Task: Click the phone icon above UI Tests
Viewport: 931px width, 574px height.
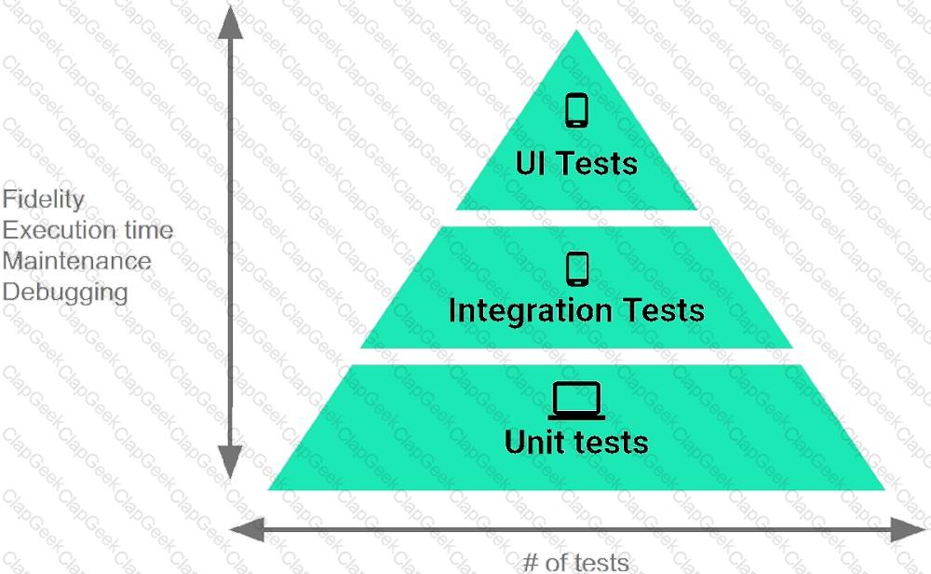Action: pyautogui.click(x=576, y=110)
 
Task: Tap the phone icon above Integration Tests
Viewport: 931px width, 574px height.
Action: pyautogui.click(x=577, y=269)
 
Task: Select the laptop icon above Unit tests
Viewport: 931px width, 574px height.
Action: pyautogui.click(x=576, y=401)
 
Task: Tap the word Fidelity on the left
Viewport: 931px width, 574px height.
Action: pyautogui.click(x=44, y=199)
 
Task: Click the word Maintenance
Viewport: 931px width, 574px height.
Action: pyautogui.click(x=76, y=261)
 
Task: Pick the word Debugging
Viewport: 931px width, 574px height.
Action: pyautogui.click(x=65, y=293)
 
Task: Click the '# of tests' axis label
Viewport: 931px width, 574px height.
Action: pyautogui.click(x=575, y=562)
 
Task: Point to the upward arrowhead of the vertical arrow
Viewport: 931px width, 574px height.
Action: pyautogui.click(x=230, y=22)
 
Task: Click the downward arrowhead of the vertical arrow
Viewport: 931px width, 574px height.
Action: pyautogui.click(x=230, y=461)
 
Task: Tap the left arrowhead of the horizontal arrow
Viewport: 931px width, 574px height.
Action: pyautogui.click(x=247, y=529)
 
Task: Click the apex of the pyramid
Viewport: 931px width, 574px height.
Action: pyautogui.click(x=576, y=31)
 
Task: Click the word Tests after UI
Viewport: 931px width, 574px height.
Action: pyautogui.click(x=597, y=163)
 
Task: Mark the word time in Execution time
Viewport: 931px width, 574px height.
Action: pyautogui.click(x=149, y=230)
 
